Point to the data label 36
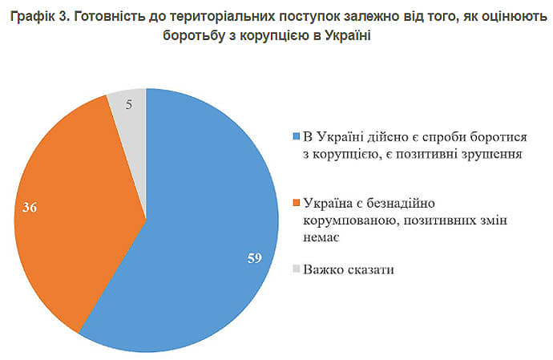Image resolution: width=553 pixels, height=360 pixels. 30,207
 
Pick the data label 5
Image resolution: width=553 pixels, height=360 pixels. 130,103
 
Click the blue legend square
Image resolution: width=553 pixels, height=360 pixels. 297,134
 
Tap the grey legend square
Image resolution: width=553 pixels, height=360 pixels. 297,269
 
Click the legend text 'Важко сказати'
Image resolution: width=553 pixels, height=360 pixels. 349,269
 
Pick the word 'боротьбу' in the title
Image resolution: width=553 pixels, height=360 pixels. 201,38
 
